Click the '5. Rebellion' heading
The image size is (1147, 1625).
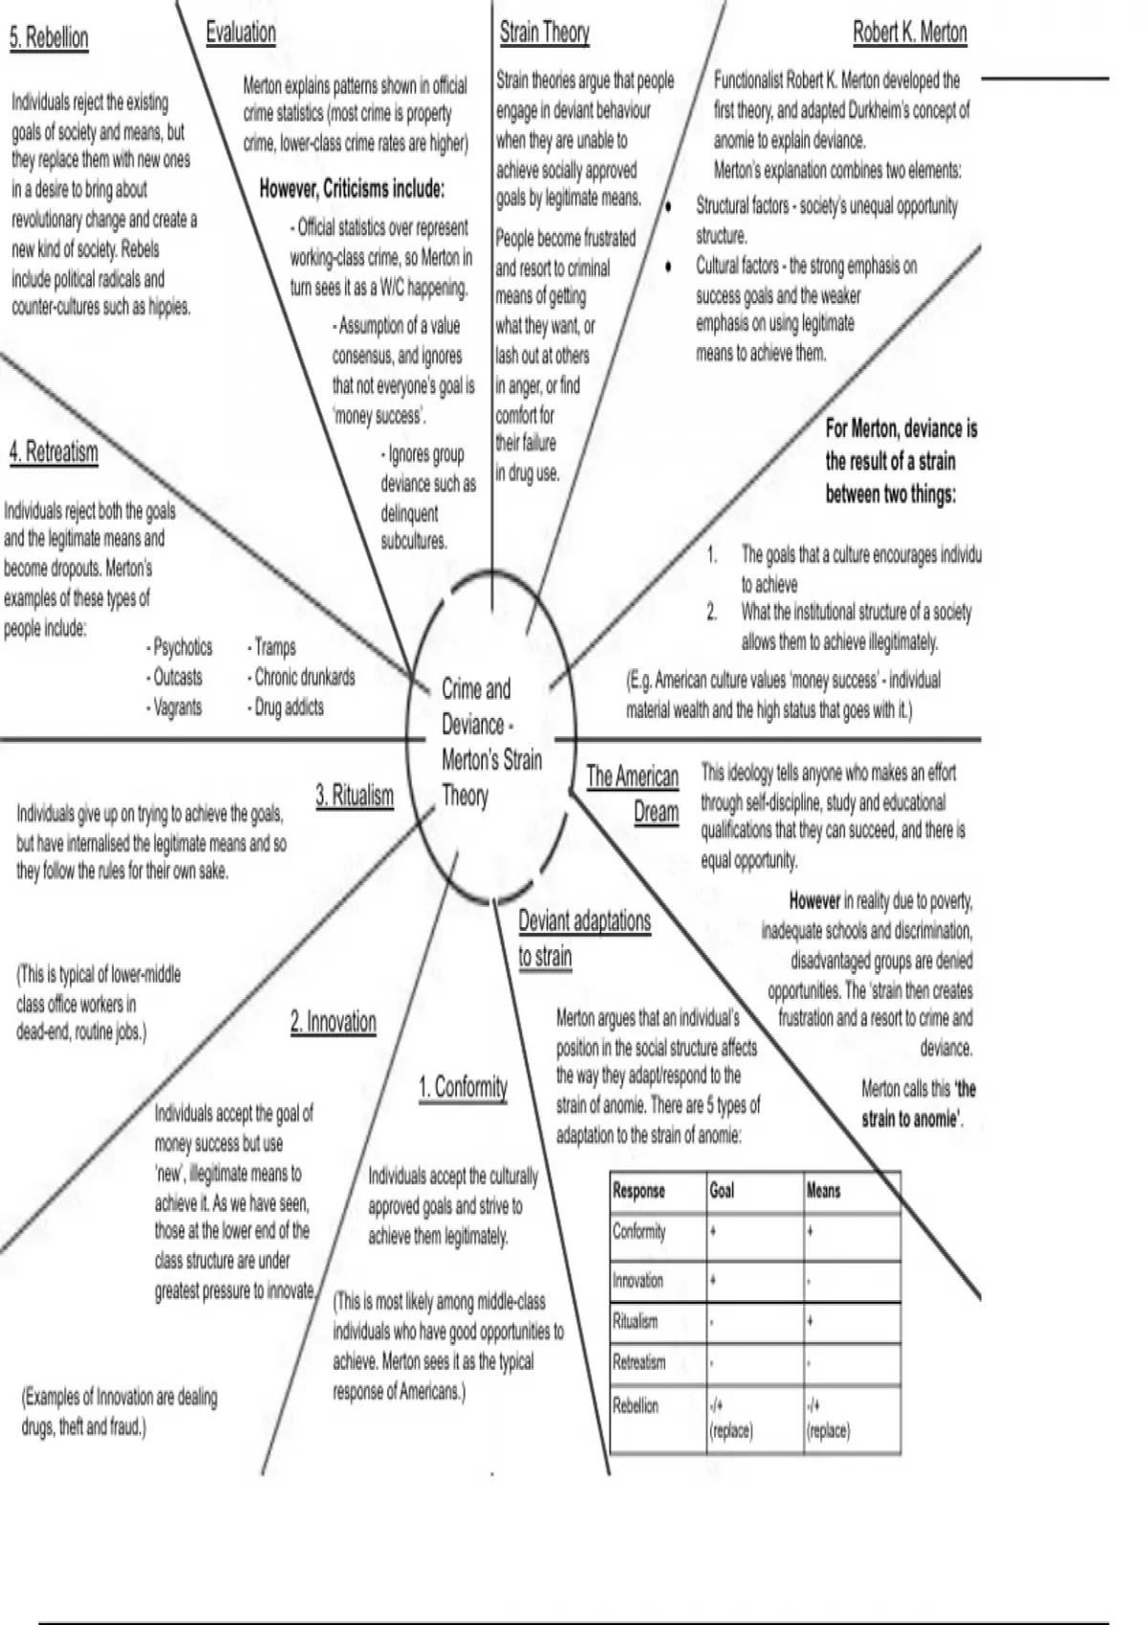tap(49, 38)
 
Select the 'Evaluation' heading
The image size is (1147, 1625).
tap(241, 32)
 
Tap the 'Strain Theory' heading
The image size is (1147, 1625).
tap(544, 32)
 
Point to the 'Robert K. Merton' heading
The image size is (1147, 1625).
tap(909, 33)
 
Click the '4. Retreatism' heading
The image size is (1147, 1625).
tap(54, 451)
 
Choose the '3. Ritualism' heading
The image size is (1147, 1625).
tap(355, 795)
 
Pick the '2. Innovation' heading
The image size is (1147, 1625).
tap(334, 1022)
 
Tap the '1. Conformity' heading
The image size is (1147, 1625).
tap(463, 1087)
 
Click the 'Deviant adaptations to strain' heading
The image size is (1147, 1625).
tap(584, 939)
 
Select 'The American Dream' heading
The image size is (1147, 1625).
tap(633, 793)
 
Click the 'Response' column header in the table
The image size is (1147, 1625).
tap(638, 1191)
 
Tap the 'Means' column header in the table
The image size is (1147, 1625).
tap(823, 1191)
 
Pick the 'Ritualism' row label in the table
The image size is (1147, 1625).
tap(635, 1322)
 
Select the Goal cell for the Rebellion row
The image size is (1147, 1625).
tap(731, 1418)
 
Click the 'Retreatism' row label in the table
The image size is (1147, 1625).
tap(638, 1363)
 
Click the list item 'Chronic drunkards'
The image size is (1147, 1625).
tap(303, 678)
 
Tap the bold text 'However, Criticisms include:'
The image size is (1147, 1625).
tap(352, 188)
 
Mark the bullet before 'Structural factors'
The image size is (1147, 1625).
tap(668, 206)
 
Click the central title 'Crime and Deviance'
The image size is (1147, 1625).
tap(476, 706)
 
